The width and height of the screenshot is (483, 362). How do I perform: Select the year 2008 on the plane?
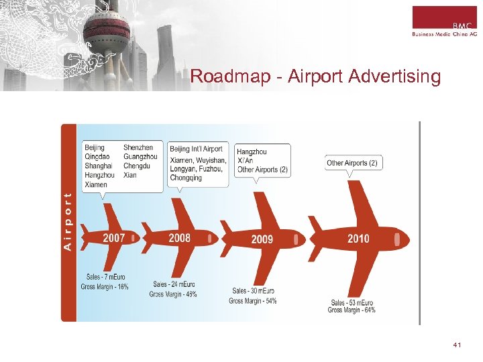click(x=179, y=237)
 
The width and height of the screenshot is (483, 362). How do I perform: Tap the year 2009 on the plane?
click(x=262, y=239)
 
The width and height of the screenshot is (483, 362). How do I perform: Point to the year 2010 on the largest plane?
click(x=358, y=239)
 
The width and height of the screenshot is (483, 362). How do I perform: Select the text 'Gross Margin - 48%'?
click(x=173, y=294)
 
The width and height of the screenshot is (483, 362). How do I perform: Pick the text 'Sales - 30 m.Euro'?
click(x=253, y=291)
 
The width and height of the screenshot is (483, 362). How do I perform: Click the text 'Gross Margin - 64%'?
click(x=352, y=310)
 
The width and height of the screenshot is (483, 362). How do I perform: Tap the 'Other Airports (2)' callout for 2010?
click(x=352, y=163)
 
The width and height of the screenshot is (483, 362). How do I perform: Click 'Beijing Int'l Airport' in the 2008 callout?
click(x=196, y=149)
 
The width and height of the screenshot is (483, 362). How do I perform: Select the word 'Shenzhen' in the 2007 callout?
click(x=138, y=147)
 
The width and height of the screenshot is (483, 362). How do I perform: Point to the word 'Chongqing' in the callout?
click(x=186, y=178)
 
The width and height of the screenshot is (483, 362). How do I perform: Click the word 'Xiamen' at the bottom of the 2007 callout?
click(x=96, y=184)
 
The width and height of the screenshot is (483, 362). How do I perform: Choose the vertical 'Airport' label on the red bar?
click(x=67, y=221)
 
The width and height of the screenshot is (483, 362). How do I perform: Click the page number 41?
click(x=458, y=345)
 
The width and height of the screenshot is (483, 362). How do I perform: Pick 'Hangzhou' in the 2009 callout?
click(x=252, y=152)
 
